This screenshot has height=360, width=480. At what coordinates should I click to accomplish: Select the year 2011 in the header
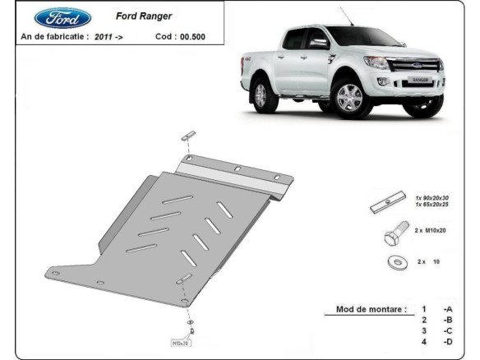click(104, 37)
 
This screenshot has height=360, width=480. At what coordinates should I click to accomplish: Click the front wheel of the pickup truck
click(348, 98)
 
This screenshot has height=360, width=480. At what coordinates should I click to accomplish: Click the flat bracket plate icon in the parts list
click(387, 203)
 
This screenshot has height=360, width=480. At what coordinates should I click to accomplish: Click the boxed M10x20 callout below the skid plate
click(180, 342)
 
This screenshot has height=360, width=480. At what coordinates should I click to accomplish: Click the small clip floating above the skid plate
click(190, 135)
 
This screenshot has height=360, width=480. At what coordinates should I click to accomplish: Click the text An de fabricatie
click(53, 37)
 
